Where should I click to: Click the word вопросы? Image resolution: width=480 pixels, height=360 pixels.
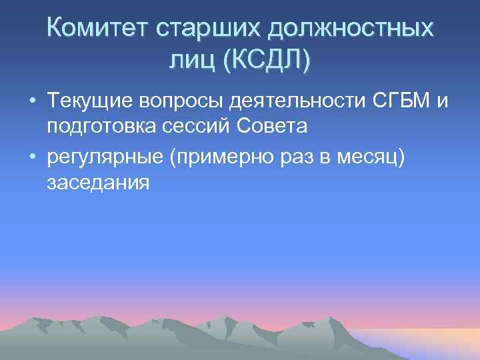coord(184,102)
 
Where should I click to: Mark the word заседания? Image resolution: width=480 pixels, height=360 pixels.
coord(97,181)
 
